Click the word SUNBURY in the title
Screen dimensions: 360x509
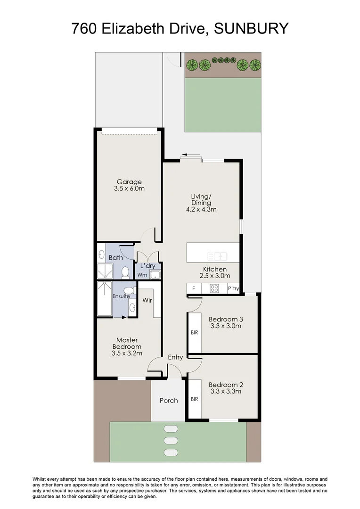[251, 29]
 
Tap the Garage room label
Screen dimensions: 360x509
[129, 182]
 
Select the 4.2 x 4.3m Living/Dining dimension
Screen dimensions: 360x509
[201, 209]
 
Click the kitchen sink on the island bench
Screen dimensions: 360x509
[217, 256]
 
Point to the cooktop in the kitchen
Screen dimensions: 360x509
[214, 288]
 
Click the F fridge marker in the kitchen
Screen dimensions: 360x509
[194, 288]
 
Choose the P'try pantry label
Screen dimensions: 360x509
[233, 288]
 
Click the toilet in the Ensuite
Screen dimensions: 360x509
[130, 290]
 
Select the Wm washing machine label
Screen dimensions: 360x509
[142, 275]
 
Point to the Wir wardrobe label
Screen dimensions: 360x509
[147, 300]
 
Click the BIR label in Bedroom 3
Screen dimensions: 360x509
[195, 332]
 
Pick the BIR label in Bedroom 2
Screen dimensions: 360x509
[195, 399]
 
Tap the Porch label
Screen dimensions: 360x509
[169, 401]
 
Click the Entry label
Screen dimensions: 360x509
[175, 357]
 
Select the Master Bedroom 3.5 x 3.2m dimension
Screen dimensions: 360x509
[127, 353]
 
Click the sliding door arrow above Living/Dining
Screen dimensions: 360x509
[191, 155]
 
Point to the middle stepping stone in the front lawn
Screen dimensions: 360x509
[171, 441]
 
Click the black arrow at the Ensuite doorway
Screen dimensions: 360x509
[124, 317]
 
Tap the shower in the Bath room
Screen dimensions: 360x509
[105, 271]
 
